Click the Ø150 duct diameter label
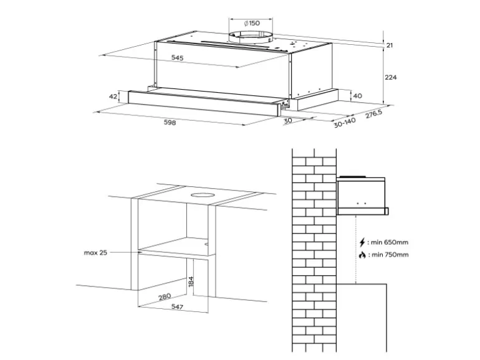point(252,23)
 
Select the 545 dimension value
point(177,57)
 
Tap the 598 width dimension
point(170,122)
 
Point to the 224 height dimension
point(391,77)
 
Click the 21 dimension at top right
point(390,45)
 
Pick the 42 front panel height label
point(113,97)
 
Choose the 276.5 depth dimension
point(374,114)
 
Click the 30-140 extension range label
point(345,122)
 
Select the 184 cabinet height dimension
point(191,282)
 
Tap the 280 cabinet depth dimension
point(165,297)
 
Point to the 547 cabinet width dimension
point(177,306)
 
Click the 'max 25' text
point(95,253)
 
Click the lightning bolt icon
point(362,242)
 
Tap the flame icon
point(362,255)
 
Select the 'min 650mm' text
point(390,242)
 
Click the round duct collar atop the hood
point(251,38)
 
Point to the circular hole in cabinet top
point(201,195)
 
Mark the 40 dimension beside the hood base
point(357,96)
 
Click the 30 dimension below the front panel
point(288,120)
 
